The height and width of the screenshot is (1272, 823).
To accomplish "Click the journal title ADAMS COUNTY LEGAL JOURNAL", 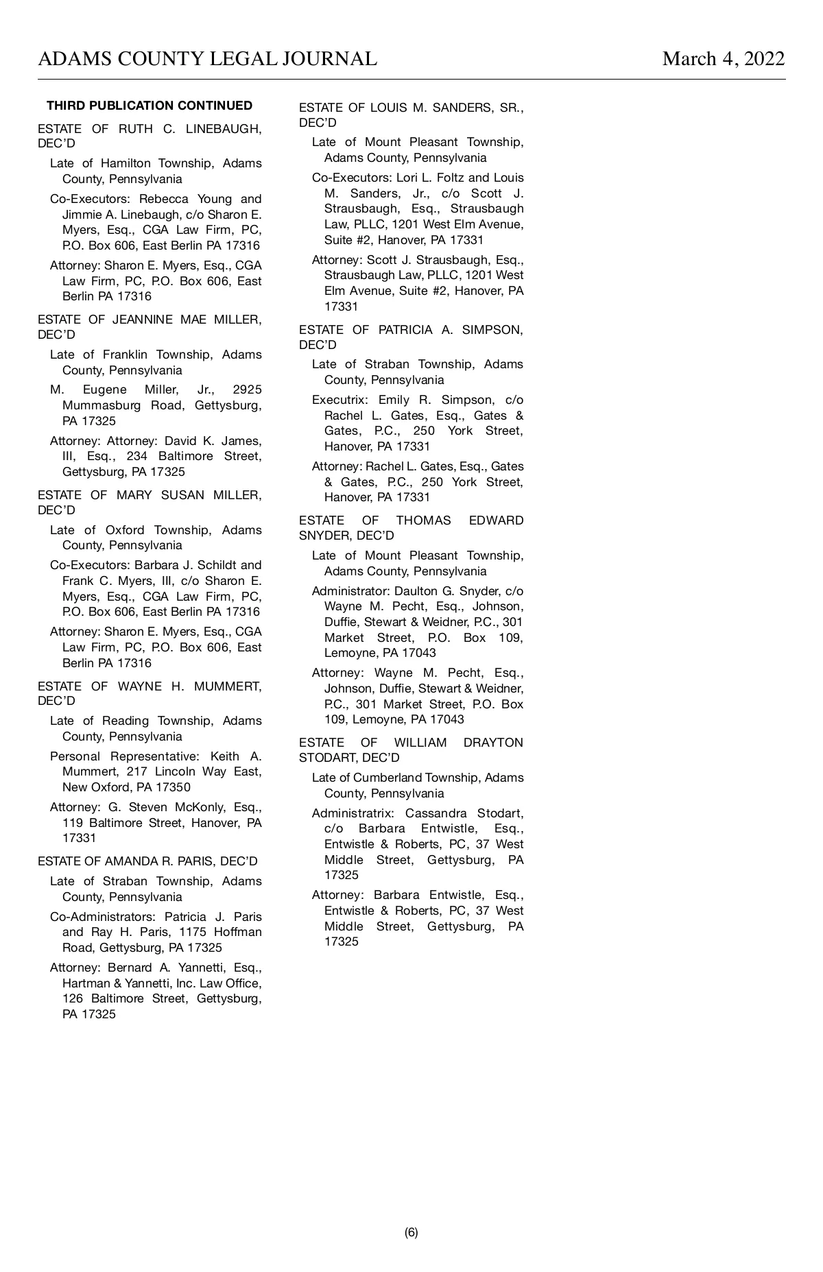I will tap(207, 59).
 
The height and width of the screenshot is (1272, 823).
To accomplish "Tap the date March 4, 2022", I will tap(723, 59).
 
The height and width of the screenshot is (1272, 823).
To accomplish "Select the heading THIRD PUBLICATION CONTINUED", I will tap(150, 106).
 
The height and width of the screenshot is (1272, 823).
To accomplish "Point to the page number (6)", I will tap(411, 1232).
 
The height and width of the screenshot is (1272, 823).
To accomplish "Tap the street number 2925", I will tap(247, 389).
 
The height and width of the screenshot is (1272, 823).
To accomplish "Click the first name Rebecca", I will tap(163, 199).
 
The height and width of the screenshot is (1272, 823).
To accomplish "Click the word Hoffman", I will tap(237, 932).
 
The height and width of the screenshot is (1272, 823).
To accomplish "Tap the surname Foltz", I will tap(449, 178).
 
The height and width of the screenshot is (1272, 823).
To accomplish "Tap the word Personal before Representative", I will tap(75, 756).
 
